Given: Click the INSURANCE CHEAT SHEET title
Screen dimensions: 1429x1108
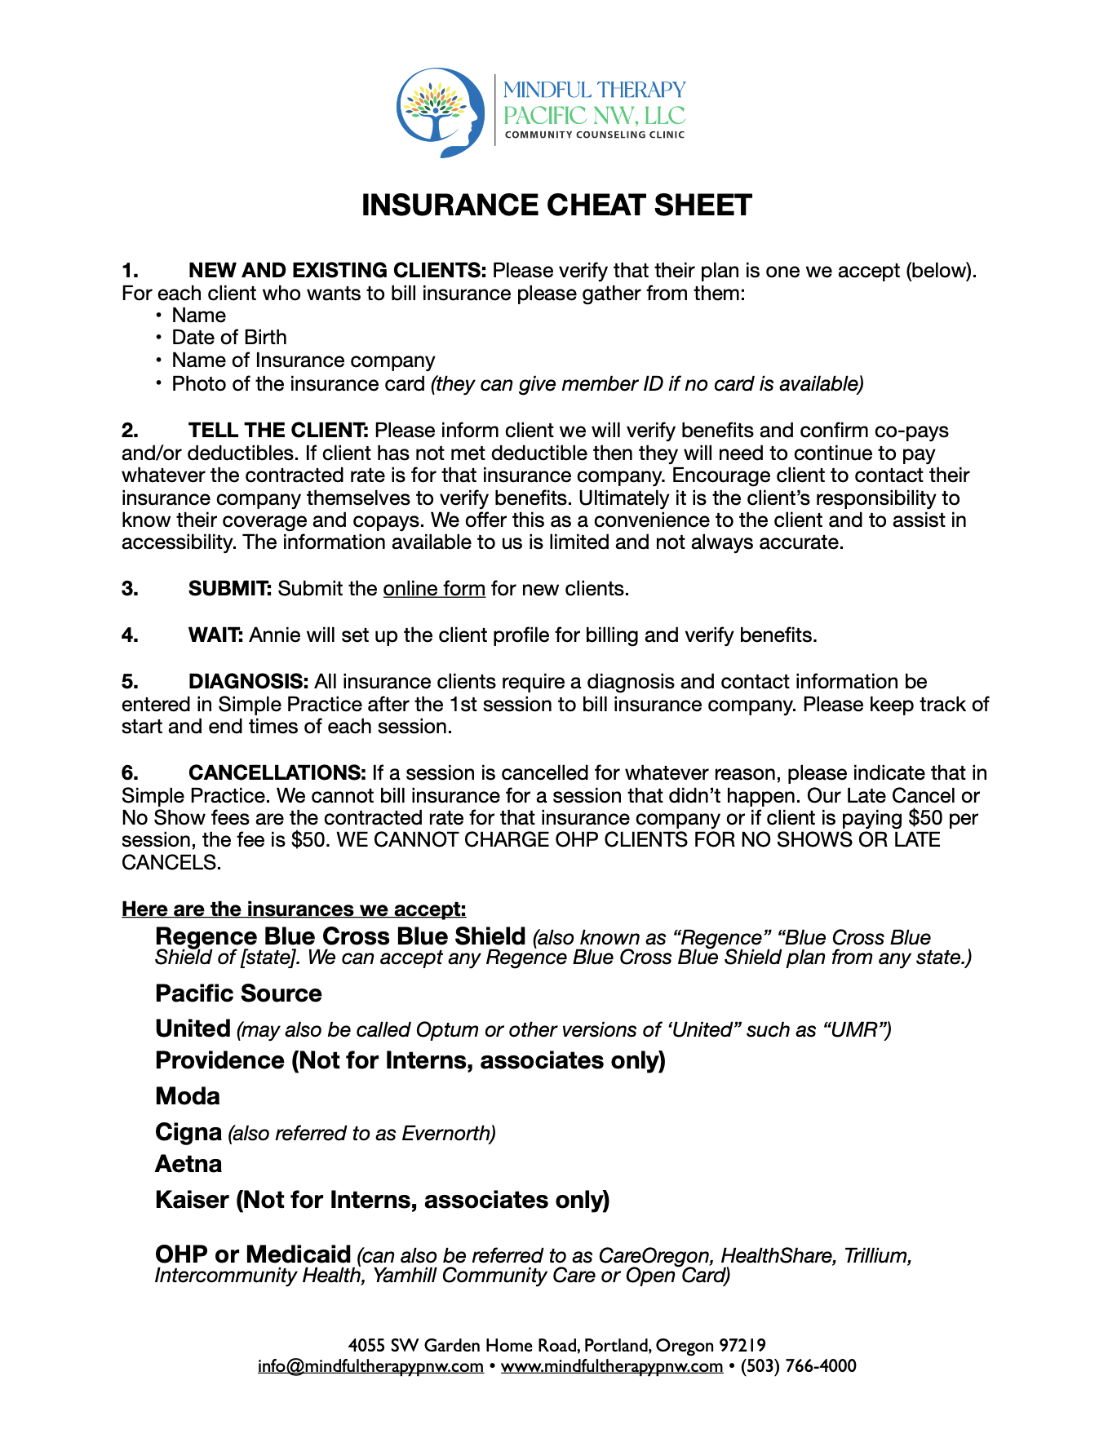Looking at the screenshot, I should pos(556,206).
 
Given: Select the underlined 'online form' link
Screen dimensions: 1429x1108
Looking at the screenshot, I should pos(434,589).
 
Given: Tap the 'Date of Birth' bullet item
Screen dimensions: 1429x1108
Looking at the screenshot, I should pos(229,338).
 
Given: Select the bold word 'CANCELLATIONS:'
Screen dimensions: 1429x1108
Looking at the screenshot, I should pos(277,773).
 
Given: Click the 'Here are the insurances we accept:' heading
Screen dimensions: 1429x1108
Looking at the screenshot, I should pos(294,909).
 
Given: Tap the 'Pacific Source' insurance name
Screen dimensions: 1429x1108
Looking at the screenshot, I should pos(238,993).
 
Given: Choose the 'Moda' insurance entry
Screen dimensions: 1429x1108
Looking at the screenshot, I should pos(188,1096).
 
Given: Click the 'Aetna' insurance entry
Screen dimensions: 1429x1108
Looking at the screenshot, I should pos(188,1164).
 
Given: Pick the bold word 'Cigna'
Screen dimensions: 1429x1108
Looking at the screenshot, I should pos(188,1132).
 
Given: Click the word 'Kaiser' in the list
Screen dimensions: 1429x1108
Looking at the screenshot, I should pos(192,1200).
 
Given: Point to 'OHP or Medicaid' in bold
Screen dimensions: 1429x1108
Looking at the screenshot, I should pos(253,1254).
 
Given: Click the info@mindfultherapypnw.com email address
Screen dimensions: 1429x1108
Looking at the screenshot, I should pos(370,1366).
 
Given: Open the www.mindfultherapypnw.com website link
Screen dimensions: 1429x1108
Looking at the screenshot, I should pos(611,1366).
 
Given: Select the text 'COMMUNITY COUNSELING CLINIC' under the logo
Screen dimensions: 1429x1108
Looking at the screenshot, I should pos(595,135).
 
